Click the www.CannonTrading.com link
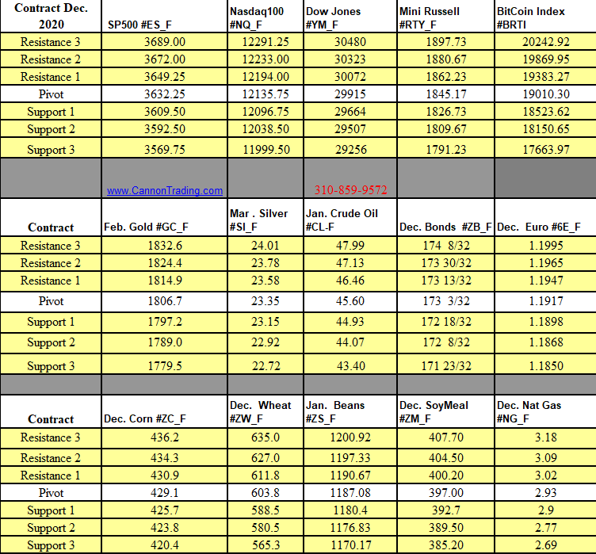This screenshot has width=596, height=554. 165,191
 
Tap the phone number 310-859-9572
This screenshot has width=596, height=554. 350,190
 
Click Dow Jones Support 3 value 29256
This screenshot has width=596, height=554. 350,150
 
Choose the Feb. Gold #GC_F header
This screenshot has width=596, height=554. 146,227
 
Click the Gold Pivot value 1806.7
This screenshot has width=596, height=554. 164,301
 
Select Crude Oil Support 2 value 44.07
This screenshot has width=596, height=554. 350,342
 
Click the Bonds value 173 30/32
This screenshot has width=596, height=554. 446,263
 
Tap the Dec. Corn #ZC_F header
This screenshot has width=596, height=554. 145,419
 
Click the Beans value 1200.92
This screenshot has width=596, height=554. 350,437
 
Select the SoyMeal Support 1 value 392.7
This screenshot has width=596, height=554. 446,510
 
